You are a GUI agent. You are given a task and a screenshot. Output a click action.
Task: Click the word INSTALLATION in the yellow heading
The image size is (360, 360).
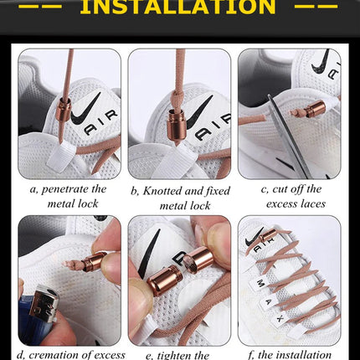[181, 8]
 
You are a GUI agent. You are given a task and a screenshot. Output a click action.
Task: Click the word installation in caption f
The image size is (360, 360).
[306, 353]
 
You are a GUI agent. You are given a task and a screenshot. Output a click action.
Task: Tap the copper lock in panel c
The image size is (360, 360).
[315, 109]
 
